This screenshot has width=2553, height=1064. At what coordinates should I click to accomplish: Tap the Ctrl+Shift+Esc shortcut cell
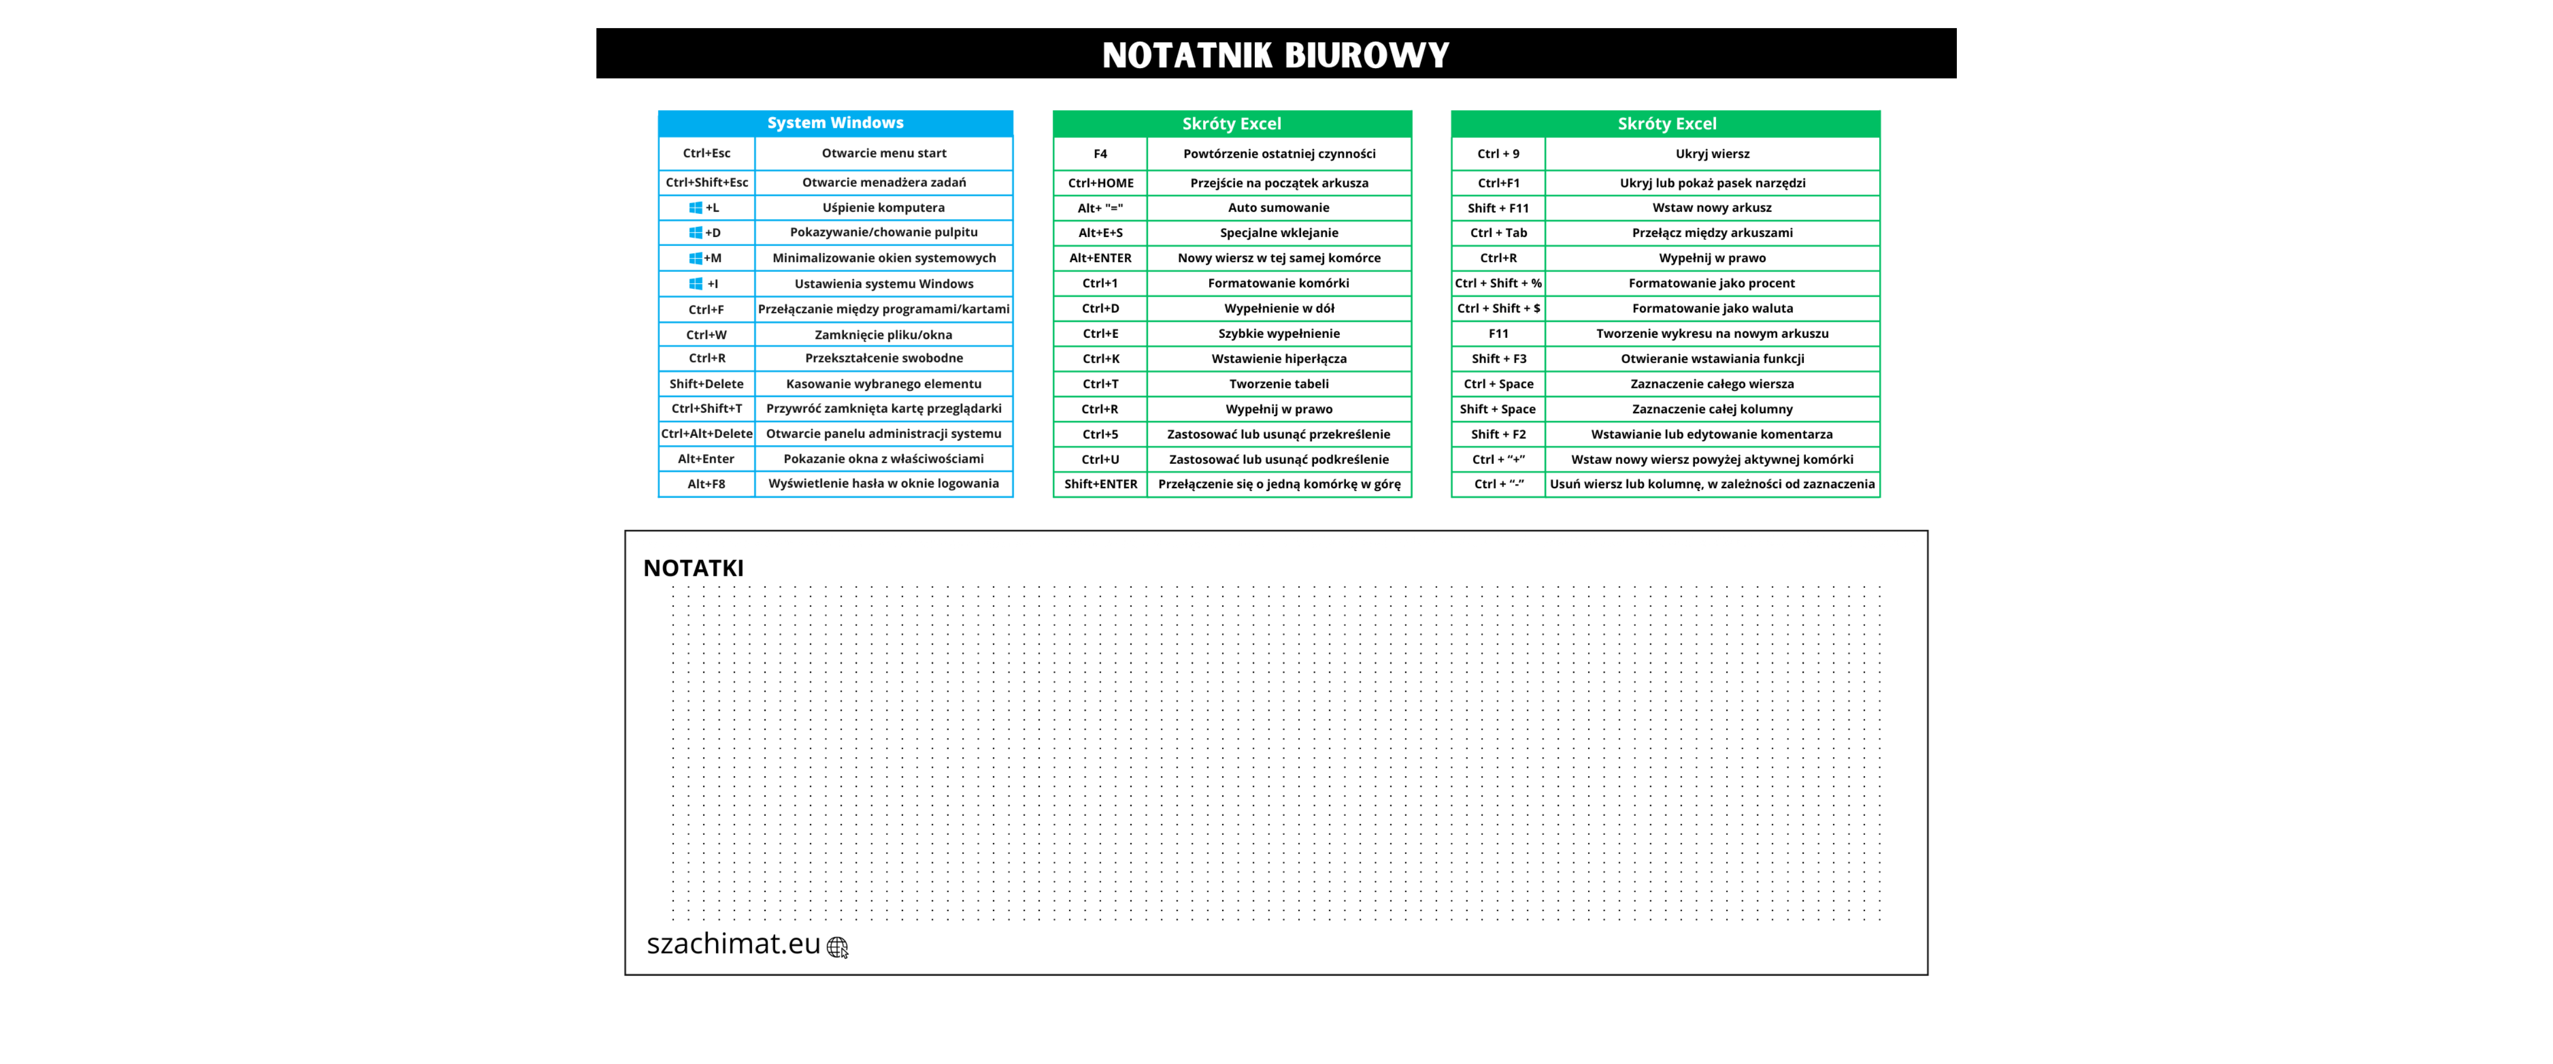[x=707, y=182]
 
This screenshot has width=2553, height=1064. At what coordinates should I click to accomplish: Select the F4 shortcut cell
[x=1100, y=154]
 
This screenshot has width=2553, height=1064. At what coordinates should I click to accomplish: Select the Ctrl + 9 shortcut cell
[x=1497, y=154]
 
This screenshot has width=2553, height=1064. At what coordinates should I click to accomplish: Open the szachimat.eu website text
[x=734, y=944]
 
